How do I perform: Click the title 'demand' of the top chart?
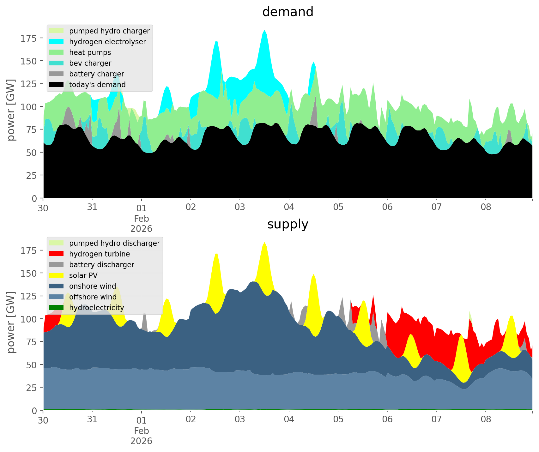[288, 12]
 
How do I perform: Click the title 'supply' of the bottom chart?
[288, 224]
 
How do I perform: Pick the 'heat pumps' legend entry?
[90, 52]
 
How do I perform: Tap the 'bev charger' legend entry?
[90, 63]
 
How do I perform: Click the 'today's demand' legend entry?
[97, 85]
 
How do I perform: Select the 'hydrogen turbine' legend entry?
[100, 254]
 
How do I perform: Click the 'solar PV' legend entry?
[83, 275]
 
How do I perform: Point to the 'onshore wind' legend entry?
[93, 286]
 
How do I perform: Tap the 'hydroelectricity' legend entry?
[96, 308]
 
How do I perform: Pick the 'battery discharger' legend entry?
[102, 265]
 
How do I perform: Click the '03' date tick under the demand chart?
[240, 208]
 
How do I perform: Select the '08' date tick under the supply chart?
[486, 420]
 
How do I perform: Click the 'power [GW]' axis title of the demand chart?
[11, 110]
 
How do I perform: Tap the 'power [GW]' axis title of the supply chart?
[11, 322]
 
